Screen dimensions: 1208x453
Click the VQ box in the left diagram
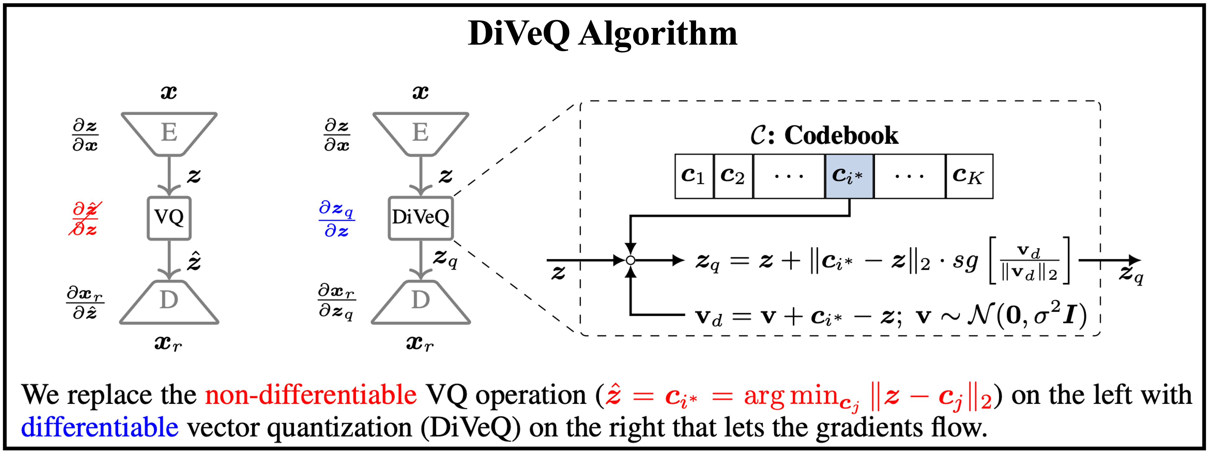pos(169,218)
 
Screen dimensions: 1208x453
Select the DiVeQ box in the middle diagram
pos(421,218)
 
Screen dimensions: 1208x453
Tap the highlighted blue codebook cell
pos(849,176)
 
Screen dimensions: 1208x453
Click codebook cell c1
pos(694,176)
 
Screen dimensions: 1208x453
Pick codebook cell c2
pos(733,176)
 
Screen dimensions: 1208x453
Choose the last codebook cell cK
pos(969,176)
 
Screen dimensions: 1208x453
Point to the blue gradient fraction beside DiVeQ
pos(336,219)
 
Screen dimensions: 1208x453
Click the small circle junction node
pos(631,260)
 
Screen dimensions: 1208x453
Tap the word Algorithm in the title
pos(658,34)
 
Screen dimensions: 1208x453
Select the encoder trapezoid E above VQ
pos(169,134)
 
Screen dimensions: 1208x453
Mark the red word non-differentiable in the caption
pos(311,395)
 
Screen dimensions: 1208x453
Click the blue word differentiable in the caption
pos(99,427)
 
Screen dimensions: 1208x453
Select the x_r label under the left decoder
pos(168,344)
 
